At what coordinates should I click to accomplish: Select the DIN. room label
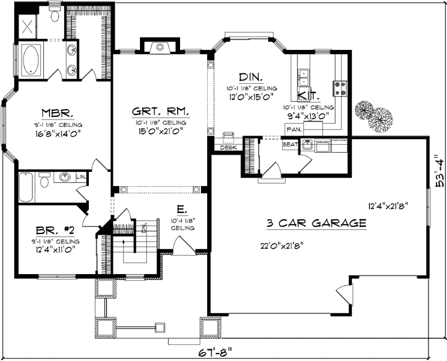[x=251, y=77]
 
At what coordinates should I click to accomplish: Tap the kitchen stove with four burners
[x=340, y=89]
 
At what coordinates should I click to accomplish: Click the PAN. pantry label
[x=293, y=130]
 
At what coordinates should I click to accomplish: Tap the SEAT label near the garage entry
[x=289, y=144]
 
